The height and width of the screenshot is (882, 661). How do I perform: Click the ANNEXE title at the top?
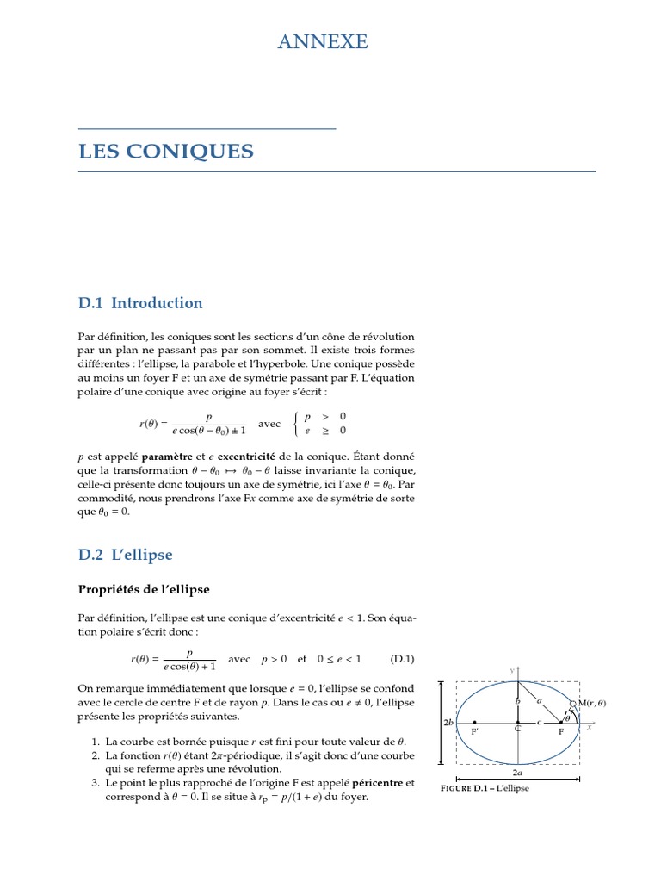pos(323,41)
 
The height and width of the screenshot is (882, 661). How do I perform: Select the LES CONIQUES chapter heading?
pos(166,152)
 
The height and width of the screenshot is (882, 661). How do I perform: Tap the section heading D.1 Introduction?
pos(140,303)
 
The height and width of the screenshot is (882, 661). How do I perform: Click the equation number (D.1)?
pos(402,659)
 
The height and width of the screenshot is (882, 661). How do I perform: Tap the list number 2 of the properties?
pos(94,755)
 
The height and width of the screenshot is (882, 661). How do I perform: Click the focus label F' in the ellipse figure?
pos(474,731)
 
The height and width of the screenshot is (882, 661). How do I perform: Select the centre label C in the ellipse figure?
pos(518,730)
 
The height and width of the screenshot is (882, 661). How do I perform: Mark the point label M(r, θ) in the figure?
pos(592,703)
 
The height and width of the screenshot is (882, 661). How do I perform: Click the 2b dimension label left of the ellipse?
pos(448,723)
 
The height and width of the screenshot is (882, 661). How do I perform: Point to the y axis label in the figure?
pos(511,670)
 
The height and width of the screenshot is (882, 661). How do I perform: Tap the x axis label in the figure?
pos(590,727)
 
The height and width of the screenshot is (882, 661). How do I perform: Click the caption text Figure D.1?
pos(464,788)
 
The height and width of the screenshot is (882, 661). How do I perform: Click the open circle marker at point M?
pos(573,704)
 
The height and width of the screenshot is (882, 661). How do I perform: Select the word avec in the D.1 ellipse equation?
pos(240,659)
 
